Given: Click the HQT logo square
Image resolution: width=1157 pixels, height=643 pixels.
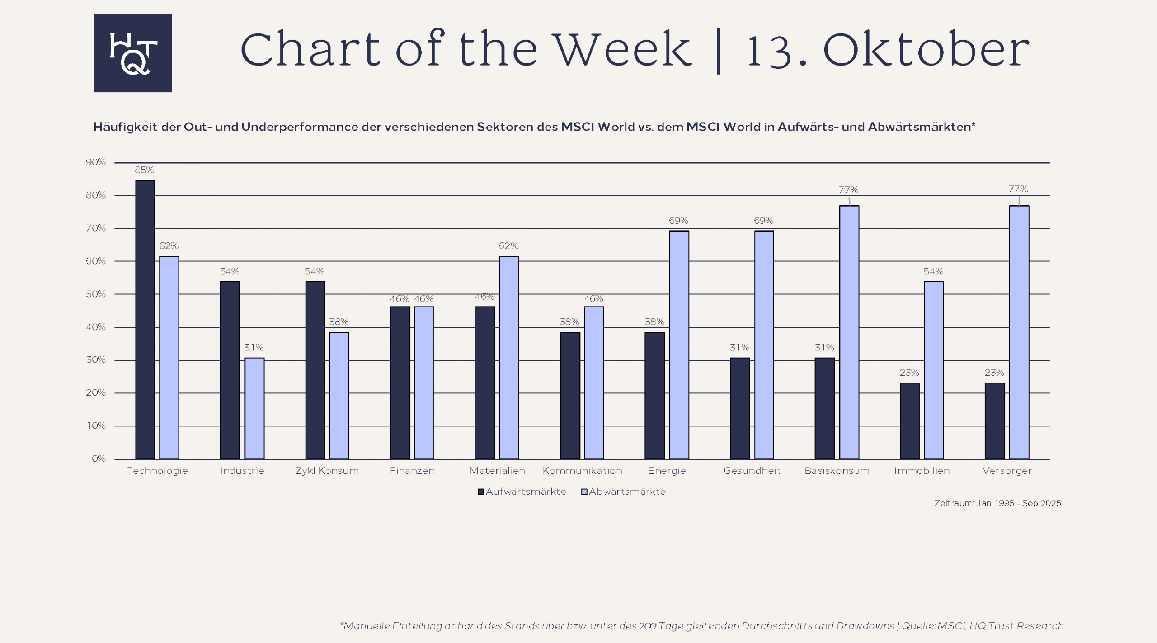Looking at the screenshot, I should coord(132,53).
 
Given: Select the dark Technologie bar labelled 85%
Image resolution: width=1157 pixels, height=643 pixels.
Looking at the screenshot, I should coord(145,319).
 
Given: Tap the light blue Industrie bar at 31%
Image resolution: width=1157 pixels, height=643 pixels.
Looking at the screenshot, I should coord(254,408).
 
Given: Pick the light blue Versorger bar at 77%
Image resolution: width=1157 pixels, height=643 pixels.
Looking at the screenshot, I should coord(1019,332).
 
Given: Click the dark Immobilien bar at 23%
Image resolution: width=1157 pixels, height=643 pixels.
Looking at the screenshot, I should coord(909,421).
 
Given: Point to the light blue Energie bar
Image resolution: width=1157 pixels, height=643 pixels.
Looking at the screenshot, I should coord(679,345).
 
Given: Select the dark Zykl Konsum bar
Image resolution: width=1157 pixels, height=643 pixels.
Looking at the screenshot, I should coord(315,370).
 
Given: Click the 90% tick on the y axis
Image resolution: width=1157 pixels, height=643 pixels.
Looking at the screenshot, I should coord(96,162).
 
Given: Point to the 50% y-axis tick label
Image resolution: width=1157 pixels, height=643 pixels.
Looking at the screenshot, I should coord(96,294).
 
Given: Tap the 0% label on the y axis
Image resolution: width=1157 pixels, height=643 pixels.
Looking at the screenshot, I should coord(99,459).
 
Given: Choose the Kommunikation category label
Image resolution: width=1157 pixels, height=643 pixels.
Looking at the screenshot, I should coord(582,471).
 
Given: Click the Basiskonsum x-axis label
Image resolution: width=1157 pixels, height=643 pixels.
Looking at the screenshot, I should coord(837,471).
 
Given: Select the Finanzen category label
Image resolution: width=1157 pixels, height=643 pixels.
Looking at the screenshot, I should coord(412,471).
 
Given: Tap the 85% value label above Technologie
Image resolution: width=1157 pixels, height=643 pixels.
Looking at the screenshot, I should coord(145,170).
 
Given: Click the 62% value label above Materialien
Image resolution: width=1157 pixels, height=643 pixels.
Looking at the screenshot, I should coord(508,246).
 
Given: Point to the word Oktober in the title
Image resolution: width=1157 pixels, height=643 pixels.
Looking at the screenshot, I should coord(926,50).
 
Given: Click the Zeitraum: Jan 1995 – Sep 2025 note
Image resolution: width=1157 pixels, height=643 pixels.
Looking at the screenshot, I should coord(997,503).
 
